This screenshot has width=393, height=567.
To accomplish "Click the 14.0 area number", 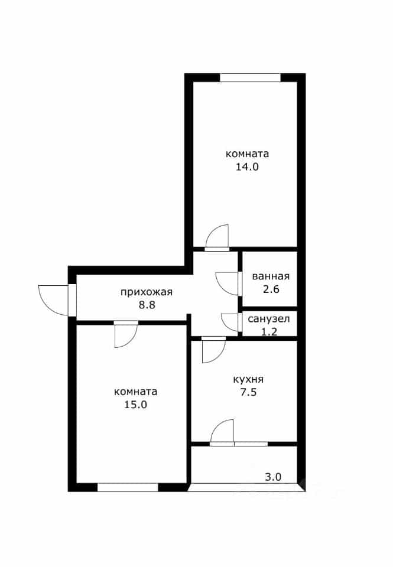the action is (247, 167).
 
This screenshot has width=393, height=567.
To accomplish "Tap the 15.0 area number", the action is (135, 405).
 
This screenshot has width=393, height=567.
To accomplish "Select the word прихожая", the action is (147, 292).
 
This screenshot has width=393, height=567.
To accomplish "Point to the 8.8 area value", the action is (147, 305).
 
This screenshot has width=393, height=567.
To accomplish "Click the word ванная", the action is (271, 276).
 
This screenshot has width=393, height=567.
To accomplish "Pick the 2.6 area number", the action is (271, 289).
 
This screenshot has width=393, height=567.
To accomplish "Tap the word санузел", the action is (269, 320).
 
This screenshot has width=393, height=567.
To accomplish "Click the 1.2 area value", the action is (269, 331).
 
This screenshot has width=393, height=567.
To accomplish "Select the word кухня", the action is (248, 380).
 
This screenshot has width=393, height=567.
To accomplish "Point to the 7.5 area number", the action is (249, 392).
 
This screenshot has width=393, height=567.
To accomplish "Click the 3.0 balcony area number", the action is (273, 477).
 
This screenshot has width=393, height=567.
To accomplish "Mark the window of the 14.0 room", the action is (250, 78).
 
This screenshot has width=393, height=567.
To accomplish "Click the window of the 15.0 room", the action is (128, 487).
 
